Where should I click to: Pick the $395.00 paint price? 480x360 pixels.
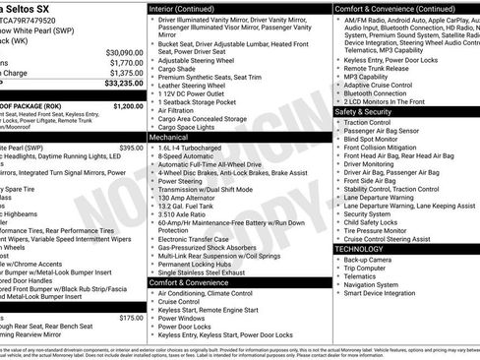tap(131, 148)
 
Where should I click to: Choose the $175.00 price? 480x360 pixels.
tap(131, 318)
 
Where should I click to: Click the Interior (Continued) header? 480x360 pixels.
tap(189, 7)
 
